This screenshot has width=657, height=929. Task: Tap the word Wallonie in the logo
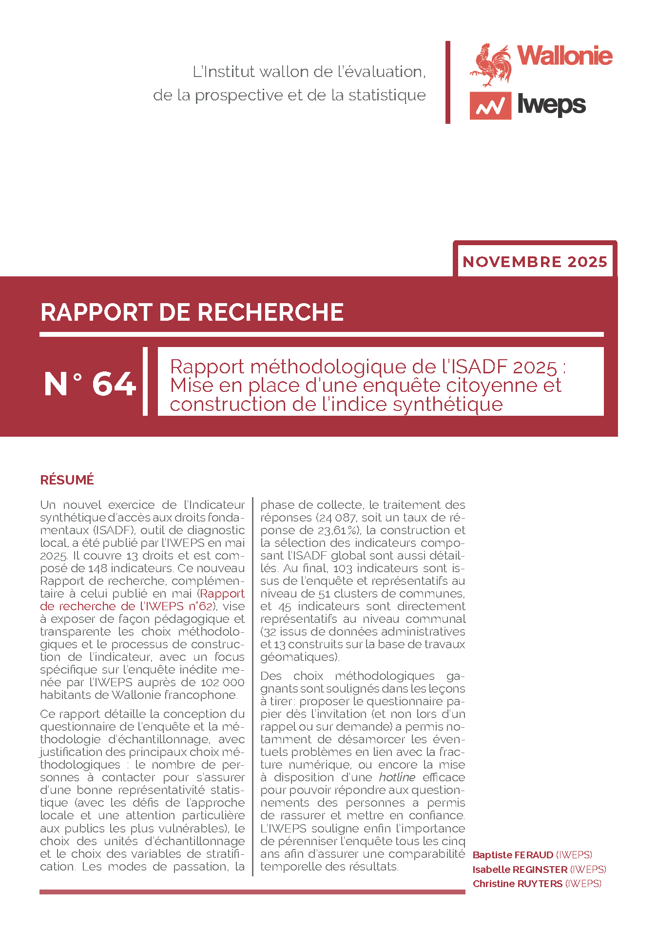tap(564, 56)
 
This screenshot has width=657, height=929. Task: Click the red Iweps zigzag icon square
tap(490, 106)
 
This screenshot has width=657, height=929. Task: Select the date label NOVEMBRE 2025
tap(535, 262)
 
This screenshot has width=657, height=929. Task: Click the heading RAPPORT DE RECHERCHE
tap(192, 312)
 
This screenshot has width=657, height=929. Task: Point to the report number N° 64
tap(90, 384)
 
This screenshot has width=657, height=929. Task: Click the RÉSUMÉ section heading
tap(67, 480)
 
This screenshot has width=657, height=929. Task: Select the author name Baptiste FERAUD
tap(513, 855)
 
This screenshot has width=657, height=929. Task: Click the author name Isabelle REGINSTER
tap(520, 870)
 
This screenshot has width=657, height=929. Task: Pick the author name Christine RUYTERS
tap(517, 884)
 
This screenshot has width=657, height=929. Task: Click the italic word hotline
tap(397, 777)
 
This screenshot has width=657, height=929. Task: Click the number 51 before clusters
tap(324, 594)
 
